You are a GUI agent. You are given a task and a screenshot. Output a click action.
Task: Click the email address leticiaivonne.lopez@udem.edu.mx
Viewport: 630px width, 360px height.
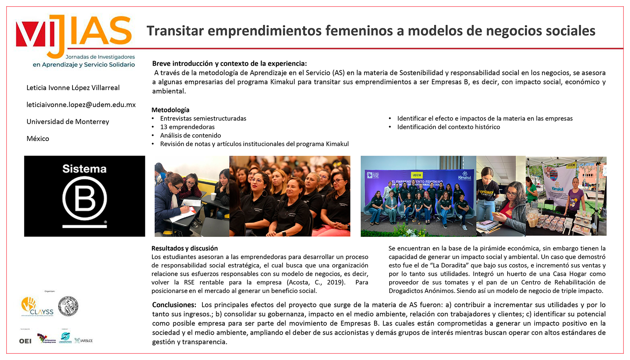click(x=81, y=105)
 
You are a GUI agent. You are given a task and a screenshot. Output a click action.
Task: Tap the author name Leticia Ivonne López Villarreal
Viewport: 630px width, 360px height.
click(x=73, y=88)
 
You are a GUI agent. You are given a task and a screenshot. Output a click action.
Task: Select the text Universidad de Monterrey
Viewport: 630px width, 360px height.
click(x=68, y=122)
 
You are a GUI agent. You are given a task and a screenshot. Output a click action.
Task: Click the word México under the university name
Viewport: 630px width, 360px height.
click(x=38, y=138)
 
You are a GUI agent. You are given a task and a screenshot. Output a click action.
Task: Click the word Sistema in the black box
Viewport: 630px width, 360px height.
click(x=84, y=169)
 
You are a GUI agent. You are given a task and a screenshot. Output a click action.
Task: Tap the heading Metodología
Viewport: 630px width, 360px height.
click(x=170, y=110)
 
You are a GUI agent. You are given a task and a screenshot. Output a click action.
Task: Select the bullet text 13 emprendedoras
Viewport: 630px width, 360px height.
click(x=187, y=127)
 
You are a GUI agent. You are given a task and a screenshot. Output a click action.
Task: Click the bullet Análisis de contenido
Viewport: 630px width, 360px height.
click(x=190, y=136)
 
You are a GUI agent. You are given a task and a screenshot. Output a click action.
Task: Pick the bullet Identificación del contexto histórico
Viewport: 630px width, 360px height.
click(x=448, y=127)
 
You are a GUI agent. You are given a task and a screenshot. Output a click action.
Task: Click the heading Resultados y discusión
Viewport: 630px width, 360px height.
click(x=184, y=248)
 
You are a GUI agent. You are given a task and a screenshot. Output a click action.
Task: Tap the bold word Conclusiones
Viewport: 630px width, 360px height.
click(x=174, y=305)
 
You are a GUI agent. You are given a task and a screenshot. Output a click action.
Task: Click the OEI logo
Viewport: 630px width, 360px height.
click(x=25, y=341)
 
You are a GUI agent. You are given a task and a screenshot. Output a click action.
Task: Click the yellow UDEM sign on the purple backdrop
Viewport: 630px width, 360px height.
click(x=417, y=175)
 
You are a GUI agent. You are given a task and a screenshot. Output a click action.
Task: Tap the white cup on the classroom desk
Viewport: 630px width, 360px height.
click(x=213, y=196)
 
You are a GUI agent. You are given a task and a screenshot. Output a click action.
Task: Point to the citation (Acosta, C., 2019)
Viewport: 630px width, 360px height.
click(x=316, y=283)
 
